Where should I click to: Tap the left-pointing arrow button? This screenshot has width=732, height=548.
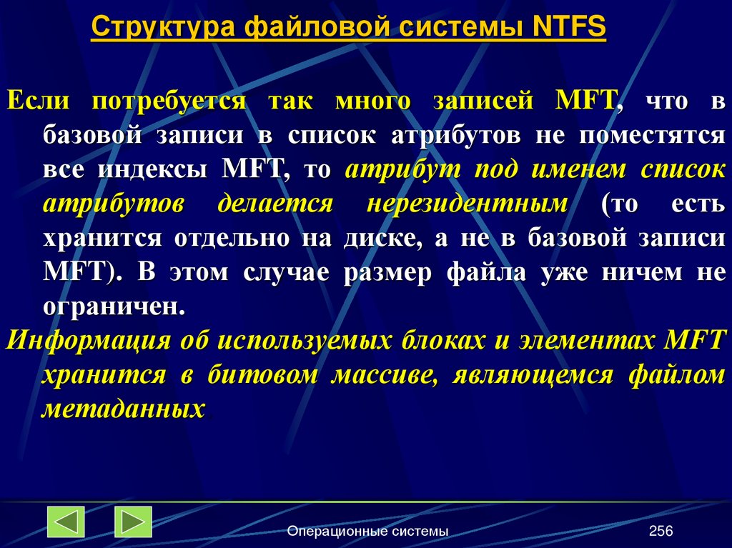tap(66, 522)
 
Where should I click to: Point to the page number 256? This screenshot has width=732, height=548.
tap(661, 531)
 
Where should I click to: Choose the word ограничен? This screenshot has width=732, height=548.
tap(112, 308)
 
